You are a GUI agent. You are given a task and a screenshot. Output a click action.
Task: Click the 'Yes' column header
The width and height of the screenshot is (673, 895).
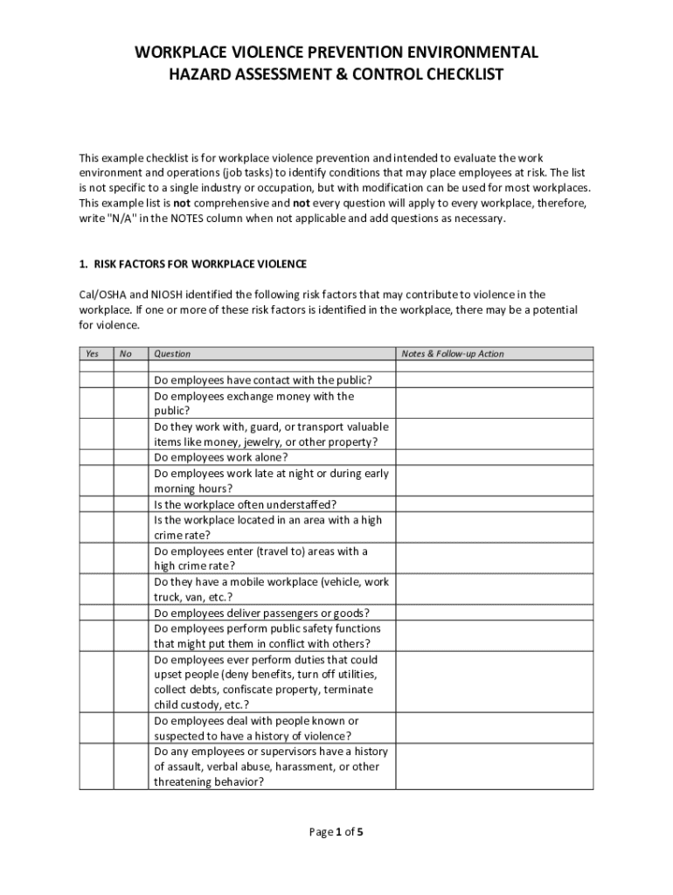click(x=92, y=354)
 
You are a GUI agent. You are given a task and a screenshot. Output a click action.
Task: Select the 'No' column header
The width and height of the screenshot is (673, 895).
click(x=126, y=354)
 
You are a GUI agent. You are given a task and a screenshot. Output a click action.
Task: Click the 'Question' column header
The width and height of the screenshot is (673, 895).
click(x=172, y=354)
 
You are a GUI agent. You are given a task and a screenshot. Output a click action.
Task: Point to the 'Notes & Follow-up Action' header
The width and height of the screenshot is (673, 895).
click(x=453, y=354)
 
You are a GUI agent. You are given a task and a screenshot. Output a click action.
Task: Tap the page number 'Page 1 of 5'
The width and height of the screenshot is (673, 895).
click(x=336, y=832)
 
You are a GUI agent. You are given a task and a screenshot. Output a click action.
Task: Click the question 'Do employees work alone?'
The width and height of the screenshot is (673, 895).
click(x=221, y=457)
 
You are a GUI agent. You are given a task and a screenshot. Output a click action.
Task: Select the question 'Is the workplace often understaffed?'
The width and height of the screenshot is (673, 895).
click(x=246, y=504)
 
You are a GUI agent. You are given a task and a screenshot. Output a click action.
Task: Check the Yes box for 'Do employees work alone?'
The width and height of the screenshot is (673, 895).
click(x=96, y=457)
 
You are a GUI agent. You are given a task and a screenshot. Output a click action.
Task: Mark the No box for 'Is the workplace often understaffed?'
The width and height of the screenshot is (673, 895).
click(x=131, y=504)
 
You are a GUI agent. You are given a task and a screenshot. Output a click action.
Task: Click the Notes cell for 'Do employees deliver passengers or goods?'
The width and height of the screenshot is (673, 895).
click(x=494, y=613)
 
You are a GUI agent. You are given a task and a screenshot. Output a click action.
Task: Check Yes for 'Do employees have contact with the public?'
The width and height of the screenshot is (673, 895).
click(x=96, y=380)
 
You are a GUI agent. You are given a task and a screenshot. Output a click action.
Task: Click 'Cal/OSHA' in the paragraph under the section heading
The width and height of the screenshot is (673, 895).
click(x=102, y=295)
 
